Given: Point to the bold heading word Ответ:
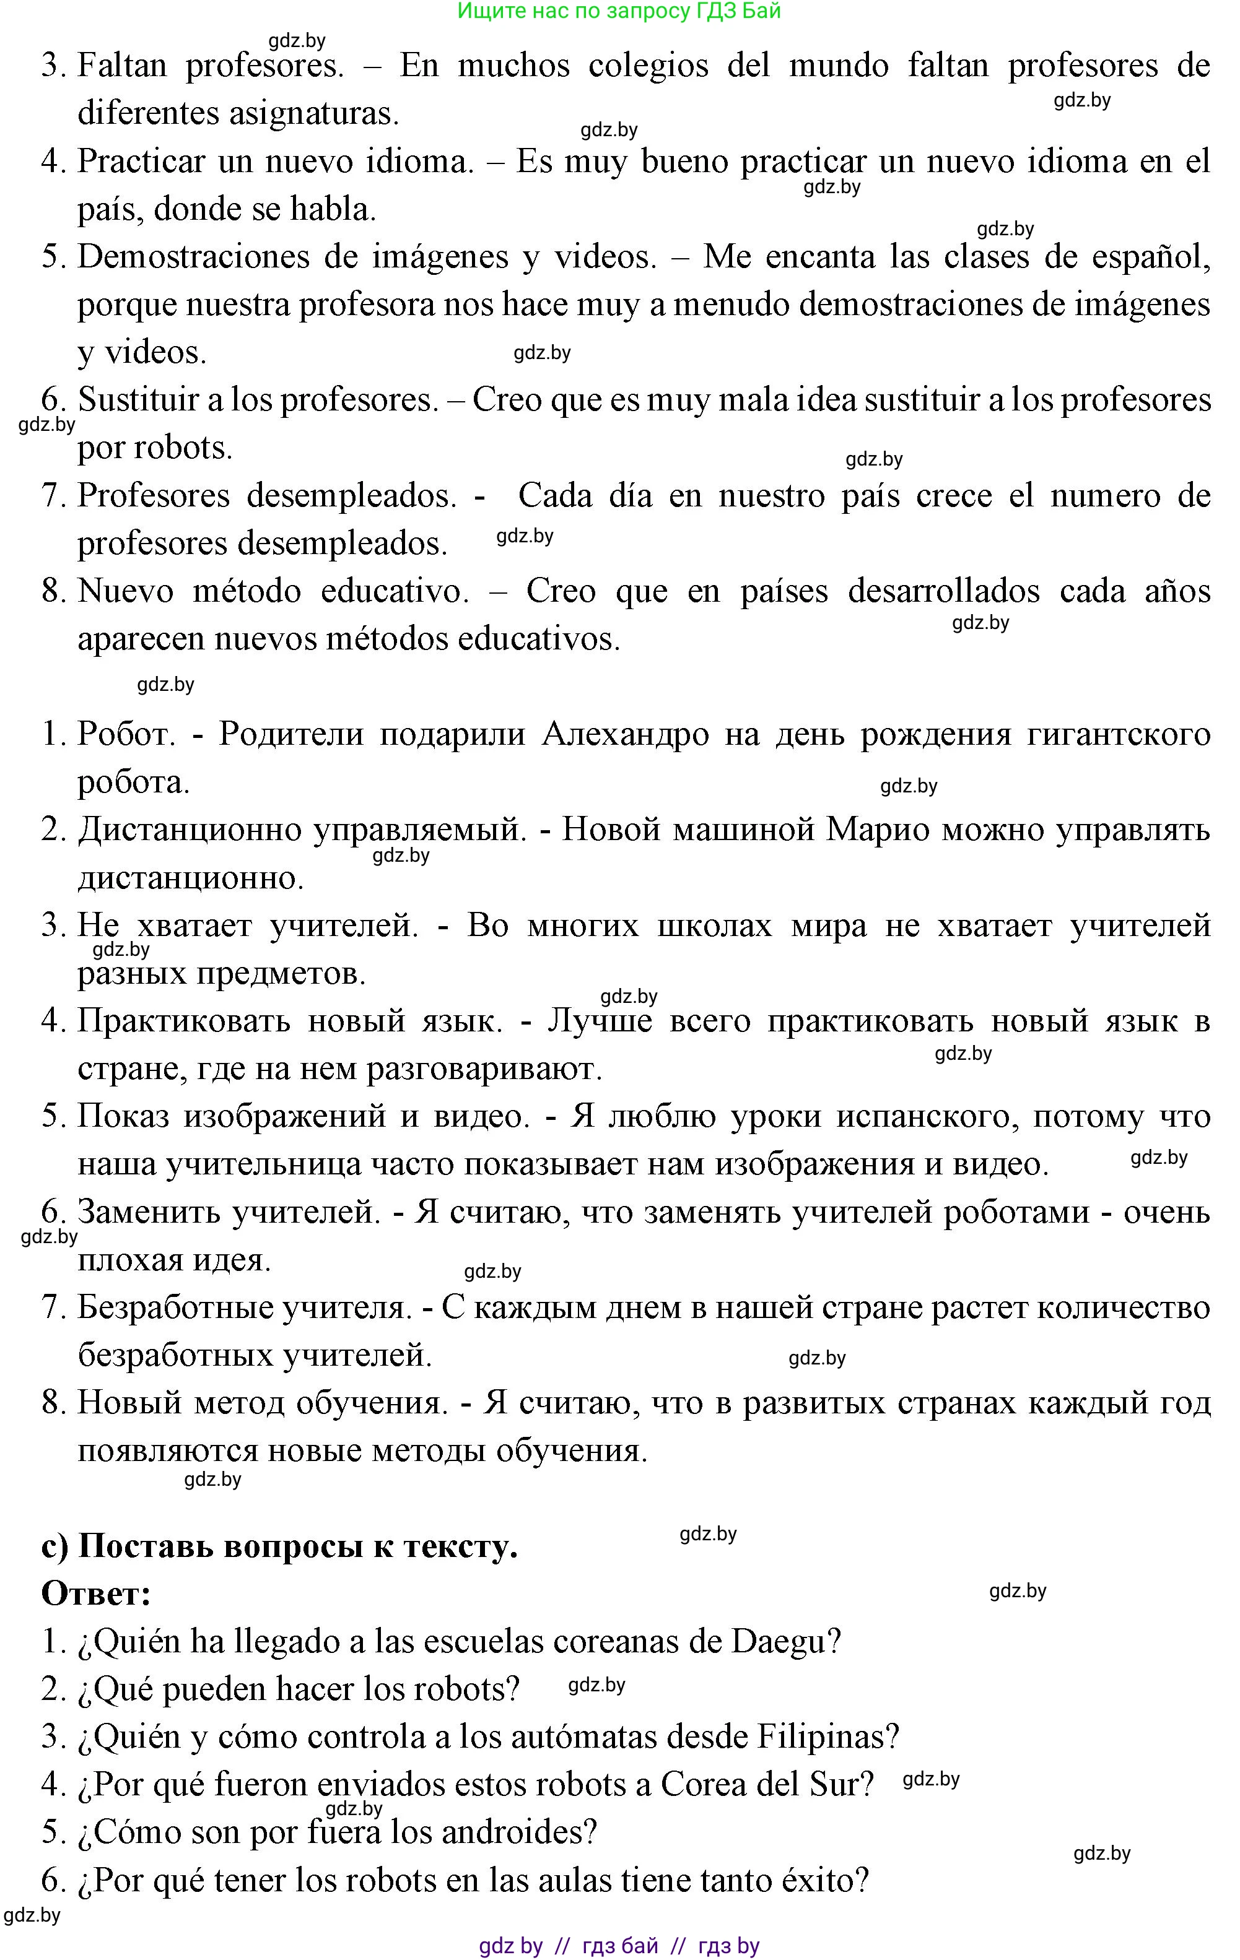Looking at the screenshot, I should tap(96, 1593).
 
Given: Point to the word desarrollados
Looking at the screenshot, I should tap(944, 591).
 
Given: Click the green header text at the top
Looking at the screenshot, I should tap(619, 11).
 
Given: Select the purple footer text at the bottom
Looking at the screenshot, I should tap(619, 1945).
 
